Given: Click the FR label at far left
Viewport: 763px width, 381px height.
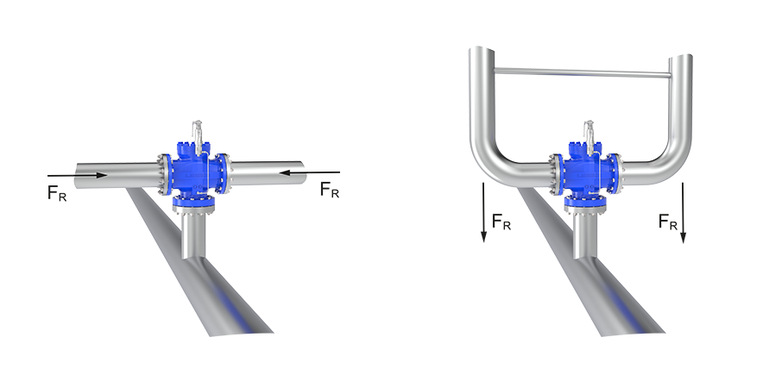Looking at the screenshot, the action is (57, 193).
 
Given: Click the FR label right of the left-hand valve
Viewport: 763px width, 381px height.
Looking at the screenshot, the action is (330, 190).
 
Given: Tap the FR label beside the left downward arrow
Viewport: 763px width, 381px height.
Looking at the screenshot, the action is (501, 222).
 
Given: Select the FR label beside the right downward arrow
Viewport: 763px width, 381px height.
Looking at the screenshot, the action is (668, 222).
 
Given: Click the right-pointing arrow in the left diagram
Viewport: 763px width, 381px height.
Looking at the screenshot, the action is (77, 175).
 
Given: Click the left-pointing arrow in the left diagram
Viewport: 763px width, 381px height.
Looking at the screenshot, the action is (310, 172).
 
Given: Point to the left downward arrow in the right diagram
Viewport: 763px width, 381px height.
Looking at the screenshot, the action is (483, 212).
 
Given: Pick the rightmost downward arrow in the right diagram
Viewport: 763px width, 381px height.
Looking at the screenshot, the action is (683, 212).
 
